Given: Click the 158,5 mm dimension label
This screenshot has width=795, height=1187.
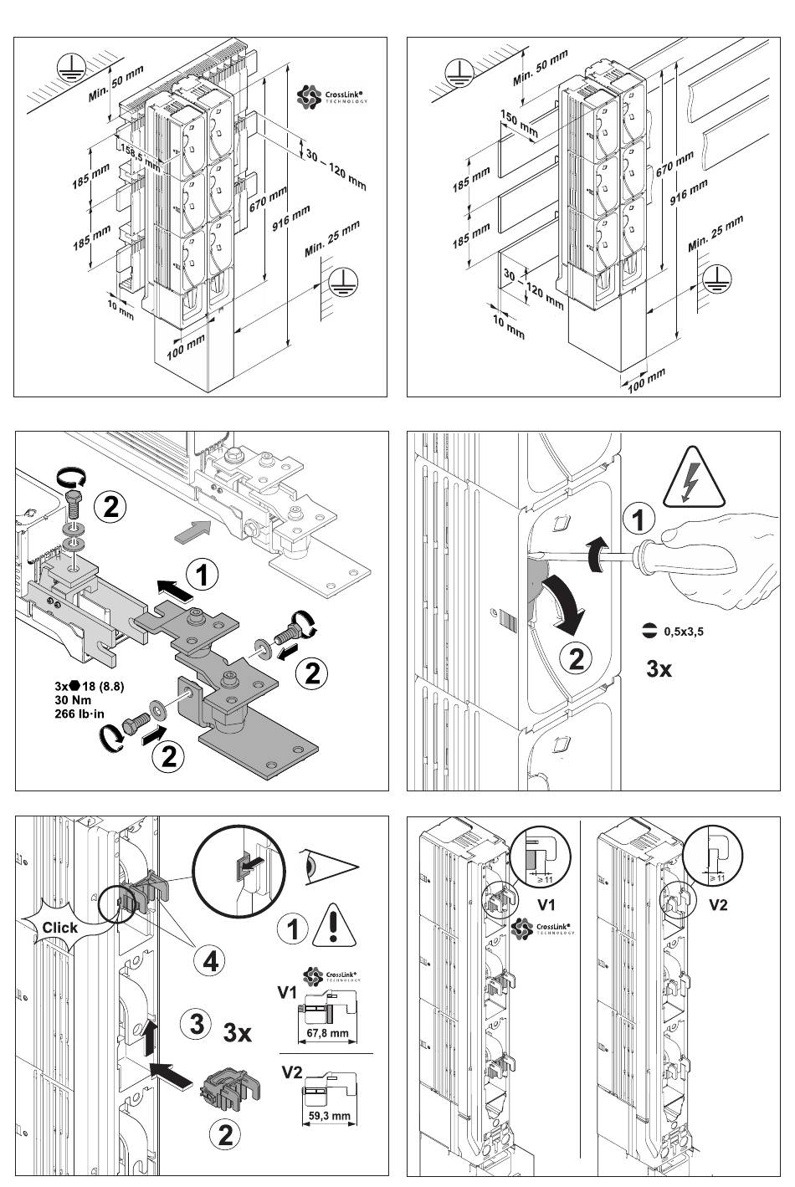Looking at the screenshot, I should tap(140, 156).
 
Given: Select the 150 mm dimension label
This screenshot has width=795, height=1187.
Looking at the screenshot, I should tap(519, 122).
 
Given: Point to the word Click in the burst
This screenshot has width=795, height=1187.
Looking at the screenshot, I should tap(59, 927).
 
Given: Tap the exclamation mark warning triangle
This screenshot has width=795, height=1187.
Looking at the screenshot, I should tap(333, 928).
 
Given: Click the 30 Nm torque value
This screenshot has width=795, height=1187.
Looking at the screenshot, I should tap(73, 700).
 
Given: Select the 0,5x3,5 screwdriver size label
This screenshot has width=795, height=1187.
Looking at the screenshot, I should tap(683, 632).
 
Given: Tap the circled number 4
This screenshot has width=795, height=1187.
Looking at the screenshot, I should tap(209, 961).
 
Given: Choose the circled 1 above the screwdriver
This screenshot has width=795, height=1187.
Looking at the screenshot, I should tap(639, 521).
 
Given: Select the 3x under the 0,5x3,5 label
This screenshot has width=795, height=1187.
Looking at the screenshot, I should tap(659, 668).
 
